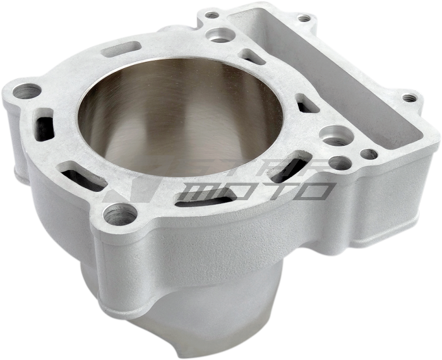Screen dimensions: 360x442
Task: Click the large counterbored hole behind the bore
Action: point(219,33)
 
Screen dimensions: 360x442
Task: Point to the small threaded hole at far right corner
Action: point(411,98)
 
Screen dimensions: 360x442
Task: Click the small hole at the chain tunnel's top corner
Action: point(305,19)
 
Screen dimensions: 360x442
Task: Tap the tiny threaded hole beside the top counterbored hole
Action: point(212,14)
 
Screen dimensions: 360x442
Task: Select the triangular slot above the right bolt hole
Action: point(306,104)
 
